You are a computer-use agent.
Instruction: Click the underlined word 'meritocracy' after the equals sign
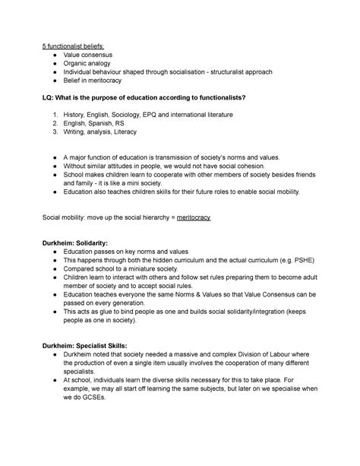193,217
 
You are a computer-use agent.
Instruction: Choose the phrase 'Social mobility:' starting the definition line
68,217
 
